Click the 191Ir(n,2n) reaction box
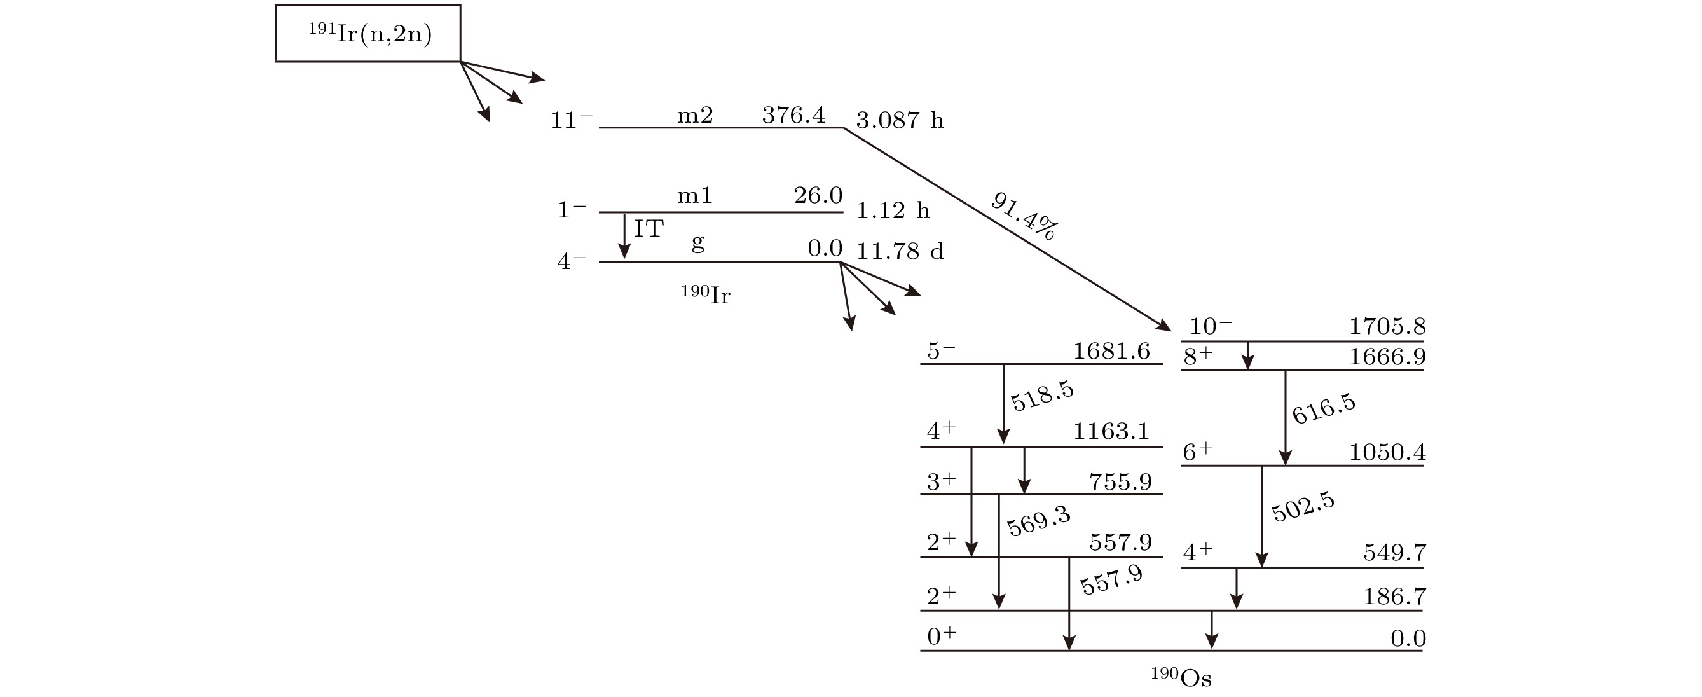tap(368, 33)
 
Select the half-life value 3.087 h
tap(900, 120)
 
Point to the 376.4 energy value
tap(793, 116)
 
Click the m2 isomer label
tap(695, 116)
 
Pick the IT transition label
tap(649, 228)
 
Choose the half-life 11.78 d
tap(900, 251)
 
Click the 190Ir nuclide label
tap(706, 294)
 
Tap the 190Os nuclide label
tap(1181, 677)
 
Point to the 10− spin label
tap(1211, 326)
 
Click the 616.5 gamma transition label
tap(1324, 409)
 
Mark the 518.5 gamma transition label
tap(1043, 396)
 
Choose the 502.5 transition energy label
tap(1303, 507)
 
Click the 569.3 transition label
tap(1039, 521)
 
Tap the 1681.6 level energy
tap(1111, 351)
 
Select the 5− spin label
tap(941, 351)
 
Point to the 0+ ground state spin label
tap(942, 636)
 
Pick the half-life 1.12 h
tap(893, 210)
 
